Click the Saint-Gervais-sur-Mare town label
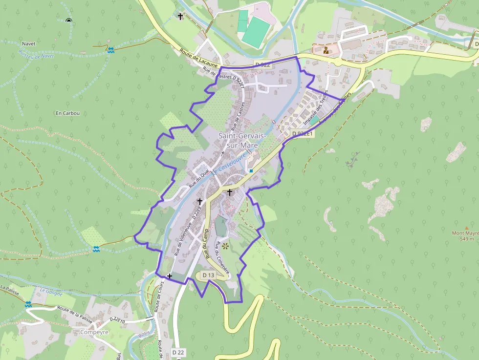point(242,140)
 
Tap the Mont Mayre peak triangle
point(467,228)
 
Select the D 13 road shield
point(208,275)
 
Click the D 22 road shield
point(179,352)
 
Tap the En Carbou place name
point(67,113)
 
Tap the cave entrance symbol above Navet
point(68,21)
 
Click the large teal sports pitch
point(256,32)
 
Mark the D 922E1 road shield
point(303,133)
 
